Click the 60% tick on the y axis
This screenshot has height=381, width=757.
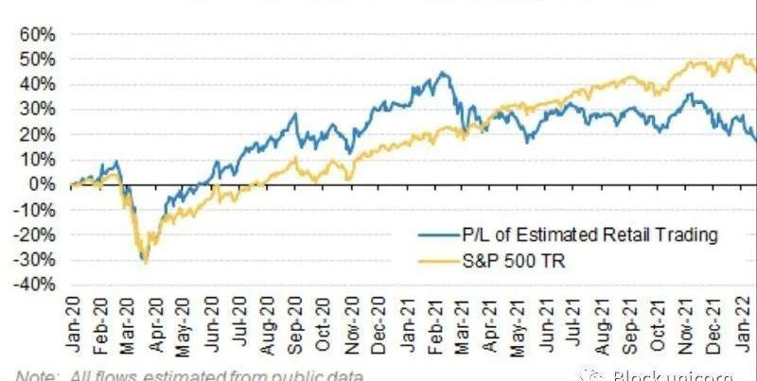pos(38,34)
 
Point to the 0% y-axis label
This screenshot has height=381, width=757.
pos(43,184)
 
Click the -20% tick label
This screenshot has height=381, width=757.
pos(36,234)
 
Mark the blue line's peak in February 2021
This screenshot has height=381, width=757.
pos(442,72)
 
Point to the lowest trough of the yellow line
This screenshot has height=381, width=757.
pos(146,263)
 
